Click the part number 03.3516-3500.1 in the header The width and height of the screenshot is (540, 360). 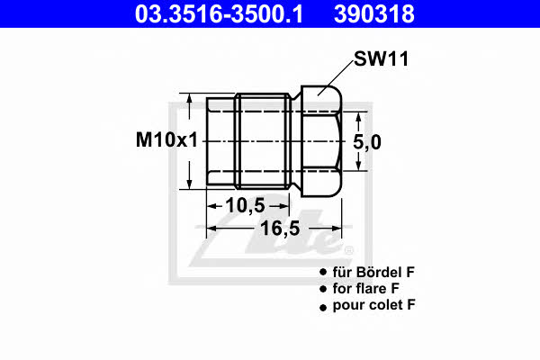(x=219, y=14)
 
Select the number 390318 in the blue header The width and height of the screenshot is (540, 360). (x=374, y=14)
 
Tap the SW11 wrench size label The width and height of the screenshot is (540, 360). (x=382, y=58)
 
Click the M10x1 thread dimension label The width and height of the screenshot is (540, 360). (x=167, y=139)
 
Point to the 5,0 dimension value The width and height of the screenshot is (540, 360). (x=367, y=142)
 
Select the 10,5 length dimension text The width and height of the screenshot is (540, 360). (x=245, y=206)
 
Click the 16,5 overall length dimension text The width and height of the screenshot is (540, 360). (x=280, y=228)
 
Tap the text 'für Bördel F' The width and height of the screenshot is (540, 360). (x=373, y=272)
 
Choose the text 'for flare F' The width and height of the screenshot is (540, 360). (x=365, y=288)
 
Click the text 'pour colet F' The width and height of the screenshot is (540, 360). (x=374, y=305)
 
